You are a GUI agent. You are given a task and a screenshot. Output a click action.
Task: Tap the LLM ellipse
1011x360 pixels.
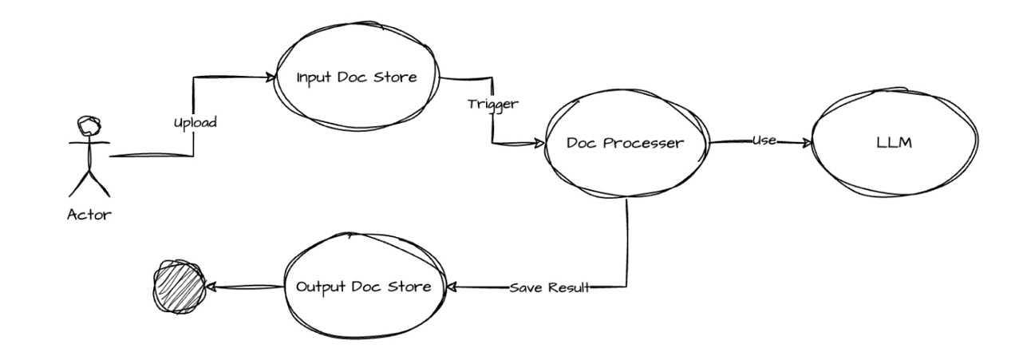click(893, 144)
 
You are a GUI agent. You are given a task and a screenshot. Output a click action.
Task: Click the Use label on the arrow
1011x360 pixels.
click(764, 141)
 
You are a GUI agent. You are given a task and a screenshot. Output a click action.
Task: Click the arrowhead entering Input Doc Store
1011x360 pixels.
click(269, 77)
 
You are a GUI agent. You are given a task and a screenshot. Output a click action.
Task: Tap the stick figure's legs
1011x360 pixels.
click(88, 184)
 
